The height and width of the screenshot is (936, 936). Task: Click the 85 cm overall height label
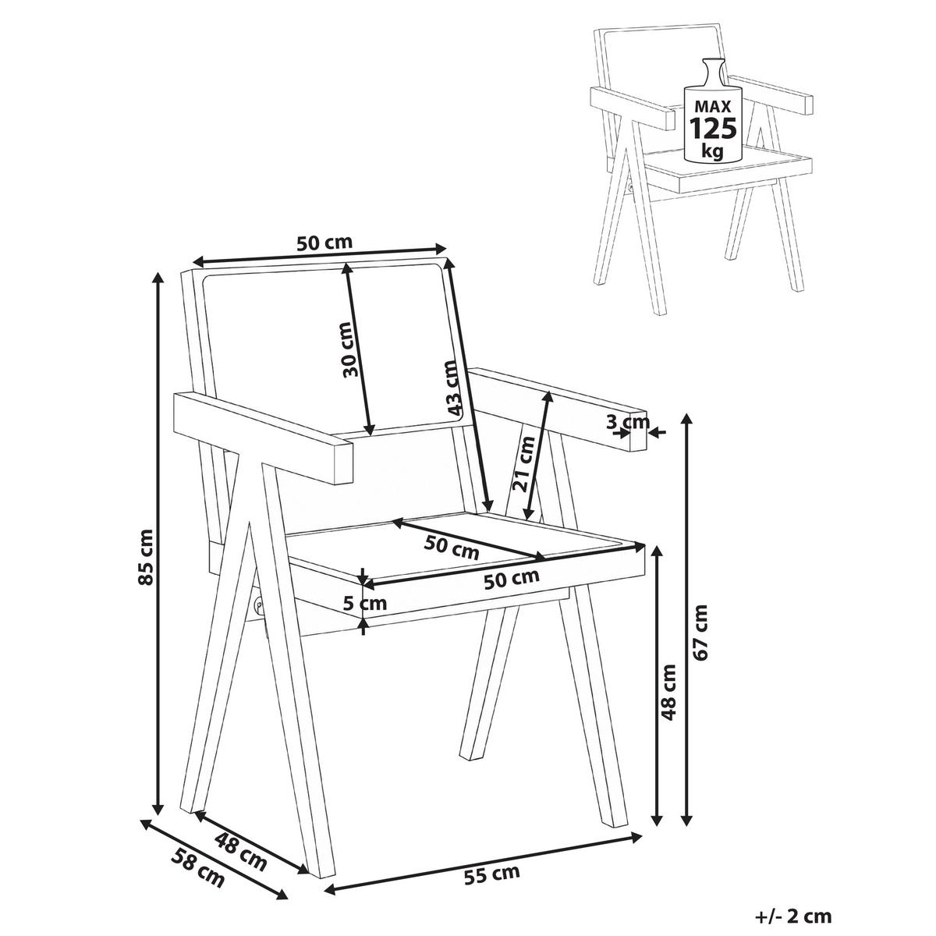click(x=145, y=557)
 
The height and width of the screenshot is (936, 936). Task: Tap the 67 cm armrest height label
click(x=700, y=633)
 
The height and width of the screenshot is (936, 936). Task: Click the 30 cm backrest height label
click(x=351, y=349)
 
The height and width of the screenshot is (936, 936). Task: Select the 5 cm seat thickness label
click(x=365, y=603)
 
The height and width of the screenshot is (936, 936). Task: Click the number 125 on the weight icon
click(x=714, y=128)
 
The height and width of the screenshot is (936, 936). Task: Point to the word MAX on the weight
click(x=714, y=105)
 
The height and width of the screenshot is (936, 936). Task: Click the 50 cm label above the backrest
click(x=324, y=242)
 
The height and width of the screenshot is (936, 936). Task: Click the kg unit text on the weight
click(x=712, y=151)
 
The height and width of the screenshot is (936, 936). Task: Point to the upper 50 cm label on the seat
click(x=452, y=547)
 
